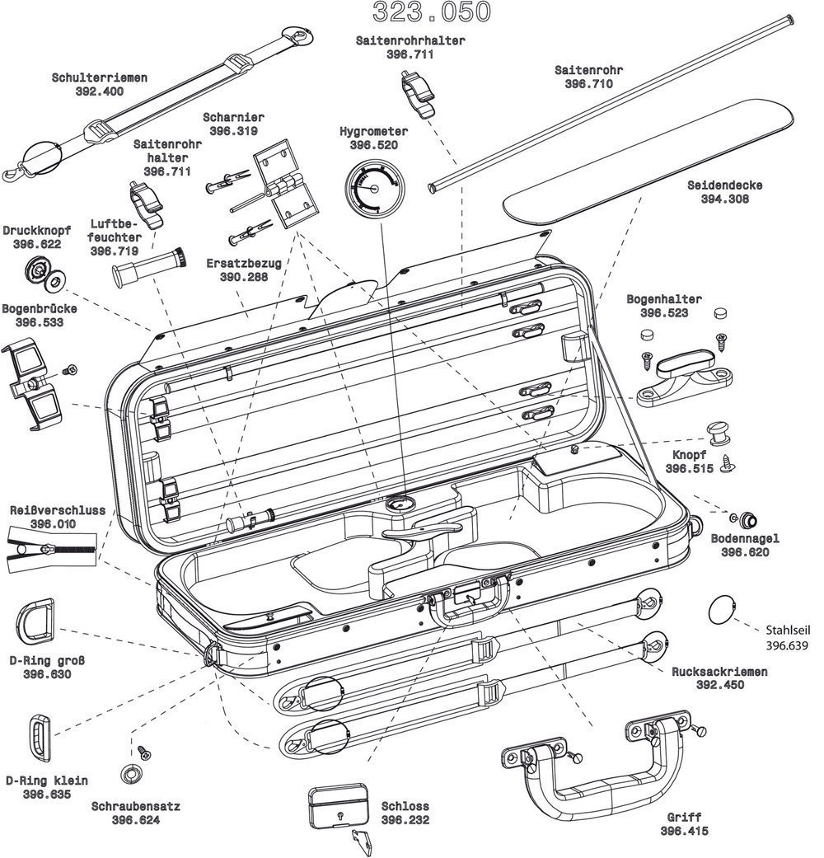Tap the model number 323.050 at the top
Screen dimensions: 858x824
pos(432,12)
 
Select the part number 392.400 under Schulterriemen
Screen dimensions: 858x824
pos(99,91)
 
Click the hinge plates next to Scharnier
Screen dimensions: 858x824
pos(284,186)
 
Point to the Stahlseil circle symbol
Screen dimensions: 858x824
pos(721,610)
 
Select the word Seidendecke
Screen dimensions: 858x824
pos(725,185)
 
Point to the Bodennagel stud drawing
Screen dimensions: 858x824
pos(747,518)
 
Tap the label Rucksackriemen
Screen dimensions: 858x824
pos(719,672)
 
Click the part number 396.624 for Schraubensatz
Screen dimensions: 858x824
pos(136,820)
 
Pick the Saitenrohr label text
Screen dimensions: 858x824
pos(588,70)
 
